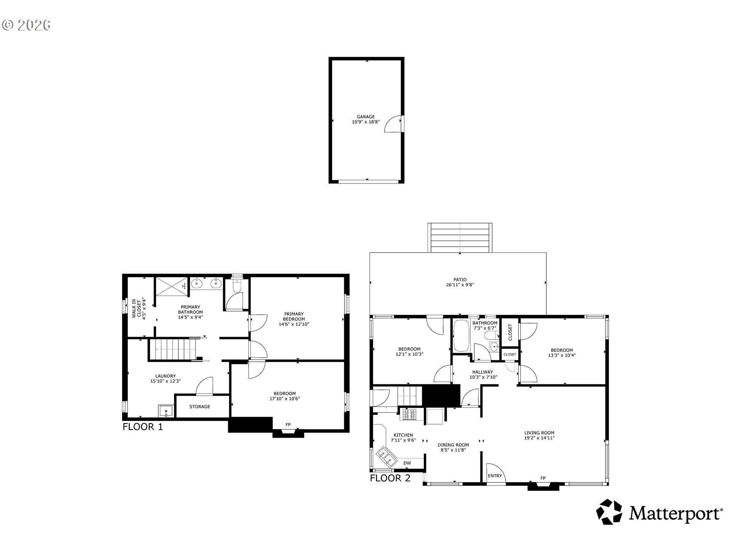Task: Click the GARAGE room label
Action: tap(365, 117)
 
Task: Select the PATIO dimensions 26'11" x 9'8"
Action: tap(460, 285)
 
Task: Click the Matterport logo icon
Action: tap(609, 512)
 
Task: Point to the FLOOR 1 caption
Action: tap(143, 427)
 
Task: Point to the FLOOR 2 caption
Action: tap(390, 478)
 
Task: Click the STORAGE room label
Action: tap(200, 406)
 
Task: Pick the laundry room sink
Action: tap(166, 411)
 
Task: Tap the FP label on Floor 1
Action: tap(288, 424)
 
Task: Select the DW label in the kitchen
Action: tap(407, 463)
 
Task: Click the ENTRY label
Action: tap(495, 476)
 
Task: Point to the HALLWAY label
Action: tap(483, 372)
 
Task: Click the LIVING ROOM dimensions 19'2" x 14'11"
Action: tap(539, 438)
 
